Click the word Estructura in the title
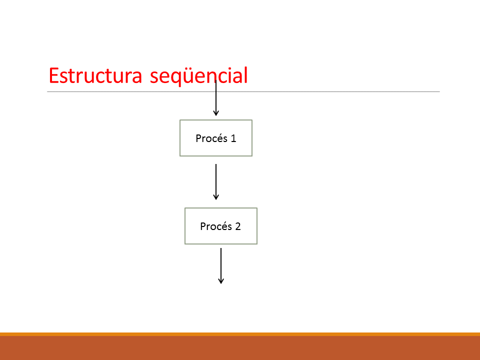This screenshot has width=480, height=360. (95, 75)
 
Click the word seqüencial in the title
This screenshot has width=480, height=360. (198, 76)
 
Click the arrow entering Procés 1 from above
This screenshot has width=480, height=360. (216, 98)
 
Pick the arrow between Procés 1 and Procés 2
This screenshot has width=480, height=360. (216, 182)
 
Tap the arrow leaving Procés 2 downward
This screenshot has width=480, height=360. (221, 265)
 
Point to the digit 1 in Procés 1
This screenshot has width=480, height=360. (233, 138)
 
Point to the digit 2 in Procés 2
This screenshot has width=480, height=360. (238, 226)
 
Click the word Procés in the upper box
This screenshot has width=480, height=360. (211, 138)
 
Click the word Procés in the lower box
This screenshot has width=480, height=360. (216, 226)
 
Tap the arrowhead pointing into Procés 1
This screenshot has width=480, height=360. (216, 113)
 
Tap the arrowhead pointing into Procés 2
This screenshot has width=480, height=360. (216, 197)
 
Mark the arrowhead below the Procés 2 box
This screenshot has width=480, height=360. (221, 281)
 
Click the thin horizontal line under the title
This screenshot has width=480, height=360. (243, 91)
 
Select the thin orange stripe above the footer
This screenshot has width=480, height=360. (240, 334)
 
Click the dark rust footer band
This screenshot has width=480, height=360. (240, 348)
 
